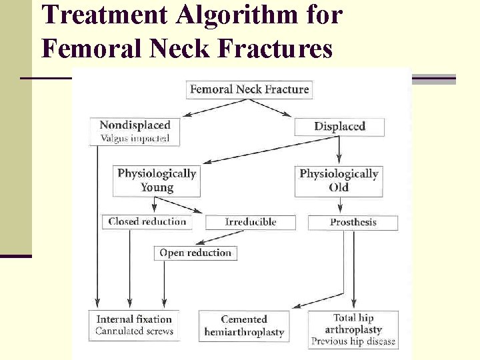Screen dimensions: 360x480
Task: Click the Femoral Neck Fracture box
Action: click(249, 89)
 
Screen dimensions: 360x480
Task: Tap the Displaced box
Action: click(339, 126)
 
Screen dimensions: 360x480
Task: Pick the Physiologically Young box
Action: click(157, 181)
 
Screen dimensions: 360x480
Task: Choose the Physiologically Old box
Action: click(339, 181)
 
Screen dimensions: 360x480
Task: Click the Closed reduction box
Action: click(147, 221)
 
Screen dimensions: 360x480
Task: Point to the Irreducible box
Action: click(250, 222)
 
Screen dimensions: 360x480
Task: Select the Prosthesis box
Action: click(353, 222)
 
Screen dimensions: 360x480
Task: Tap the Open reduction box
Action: click(195, 253)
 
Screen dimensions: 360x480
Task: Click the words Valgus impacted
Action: click(135, 139)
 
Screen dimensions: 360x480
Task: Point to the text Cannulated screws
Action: click(134, 331)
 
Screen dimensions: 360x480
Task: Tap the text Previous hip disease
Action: click(353, 341)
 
